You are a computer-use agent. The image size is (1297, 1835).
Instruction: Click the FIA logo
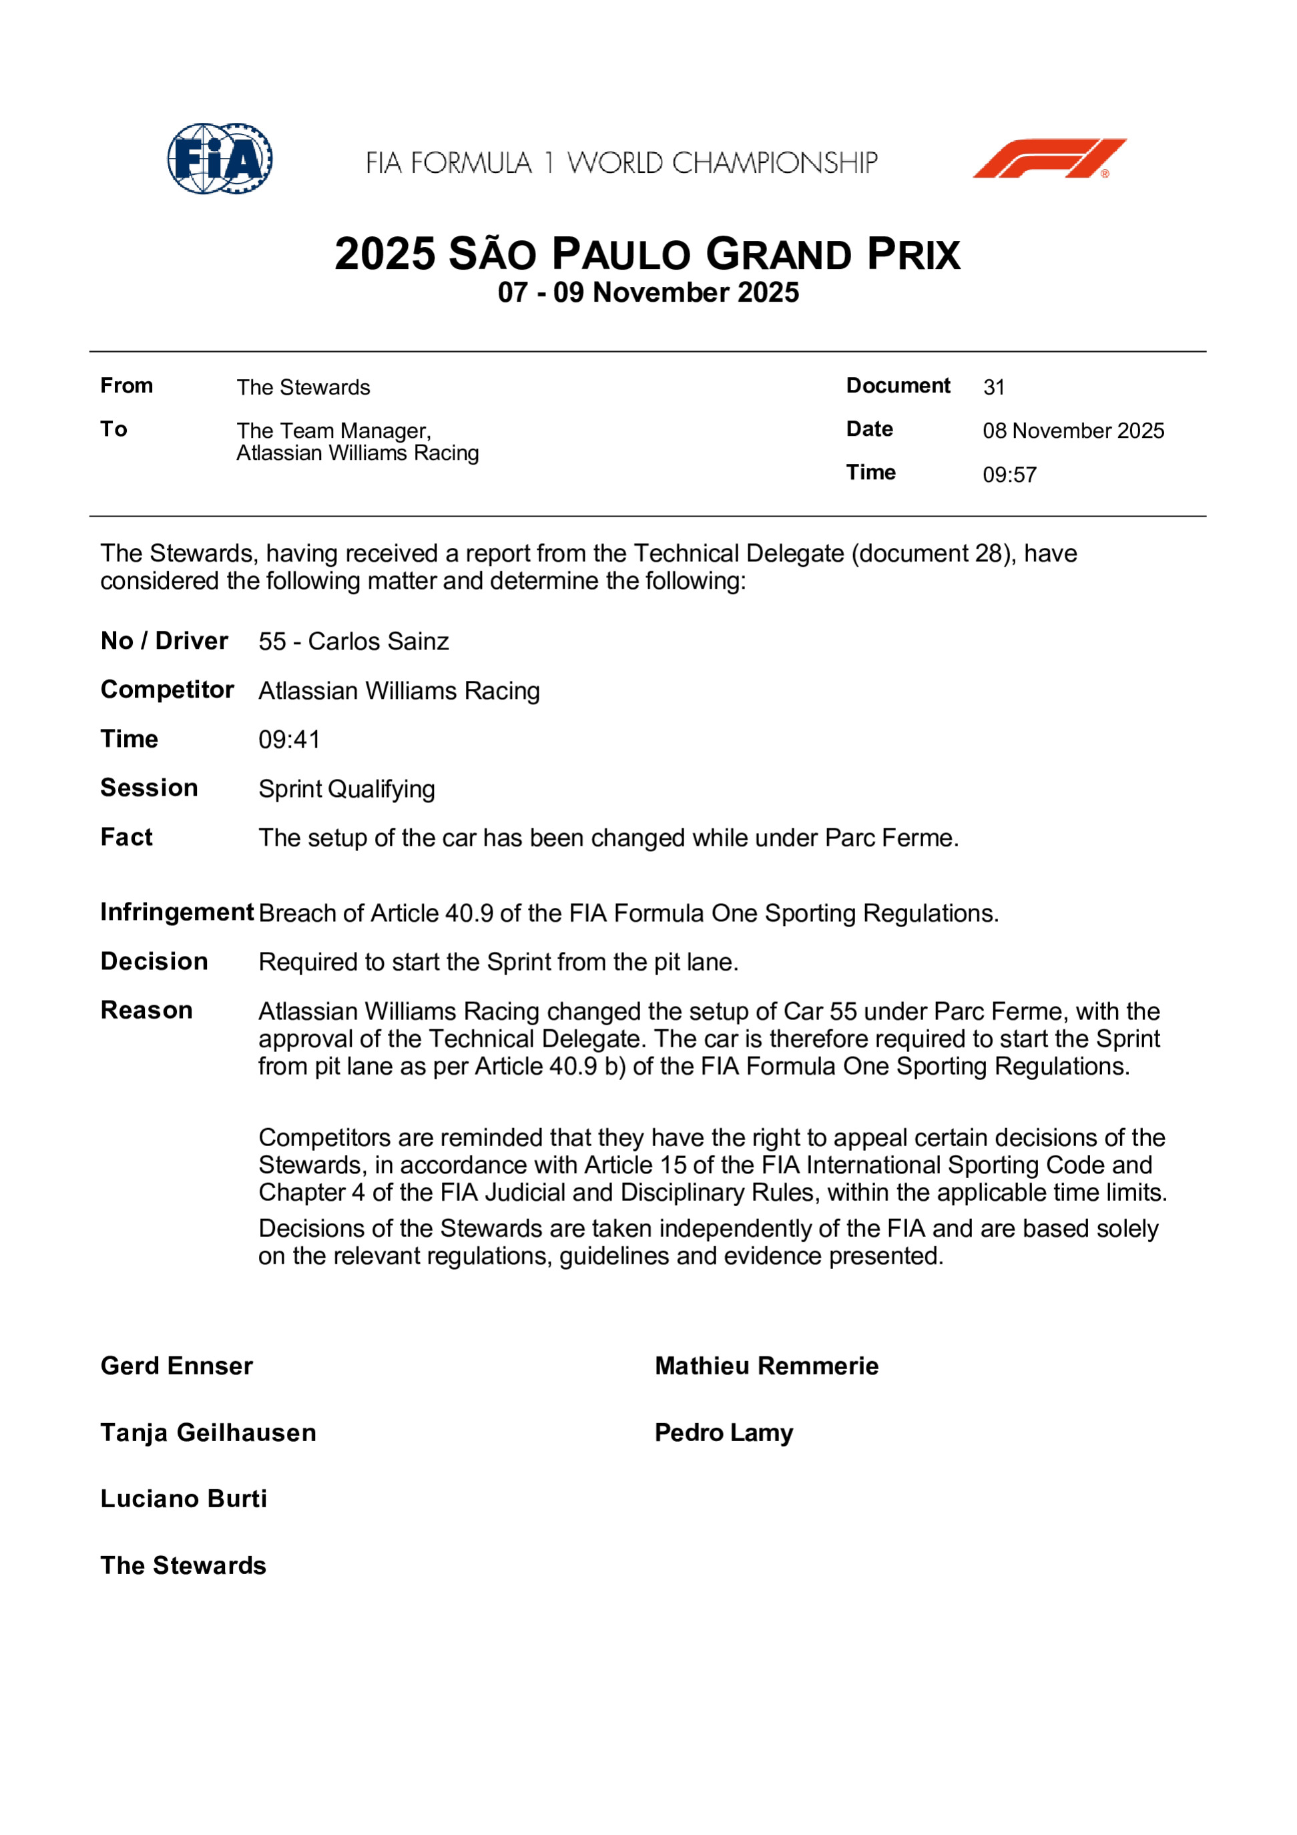[220, 158]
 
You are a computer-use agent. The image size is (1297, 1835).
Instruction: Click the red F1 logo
[1049, 158]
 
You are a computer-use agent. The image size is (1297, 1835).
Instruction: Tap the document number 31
[993, 388]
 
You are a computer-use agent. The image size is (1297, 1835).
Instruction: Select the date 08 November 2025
[1073, 431]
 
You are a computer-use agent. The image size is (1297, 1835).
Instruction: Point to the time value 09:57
[1009, 475]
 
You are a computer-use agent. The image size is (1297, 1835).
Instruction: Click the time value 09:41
[288, 740]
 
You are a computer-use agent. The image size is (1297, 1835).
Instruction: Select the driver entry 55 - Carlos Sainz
[353, 641]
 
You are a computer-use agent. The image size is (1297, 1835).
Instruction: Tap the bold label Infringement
[177, 912]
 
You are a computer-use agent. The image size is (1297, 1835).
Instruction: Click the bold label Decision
[154, 961]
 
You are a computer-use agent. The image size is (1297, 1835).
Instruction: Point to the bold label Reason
[146, 1010]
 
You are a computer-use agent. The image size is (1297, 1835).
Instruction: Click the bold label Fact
[126, 837]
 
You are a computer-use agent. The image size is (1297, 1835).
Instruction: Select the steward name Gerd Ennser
[177, 1366]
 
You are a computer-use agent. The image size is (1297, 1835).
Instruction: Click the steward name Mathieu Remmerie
[766, 1366]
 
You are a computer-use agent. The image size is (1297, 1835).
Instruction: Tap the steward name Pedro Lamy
[723, 1433]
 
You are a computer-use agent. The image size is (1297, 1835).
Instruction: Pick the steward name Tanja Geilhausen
[208, 1433]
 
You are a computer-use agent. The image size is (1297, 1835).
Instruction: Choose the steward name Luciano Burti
[184, 1499]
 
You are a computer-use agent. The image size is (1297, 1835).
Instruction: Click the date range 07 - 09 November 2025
[648, 292]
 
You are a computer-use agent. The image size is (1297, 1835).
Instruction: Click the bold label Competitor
[167, 690]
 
